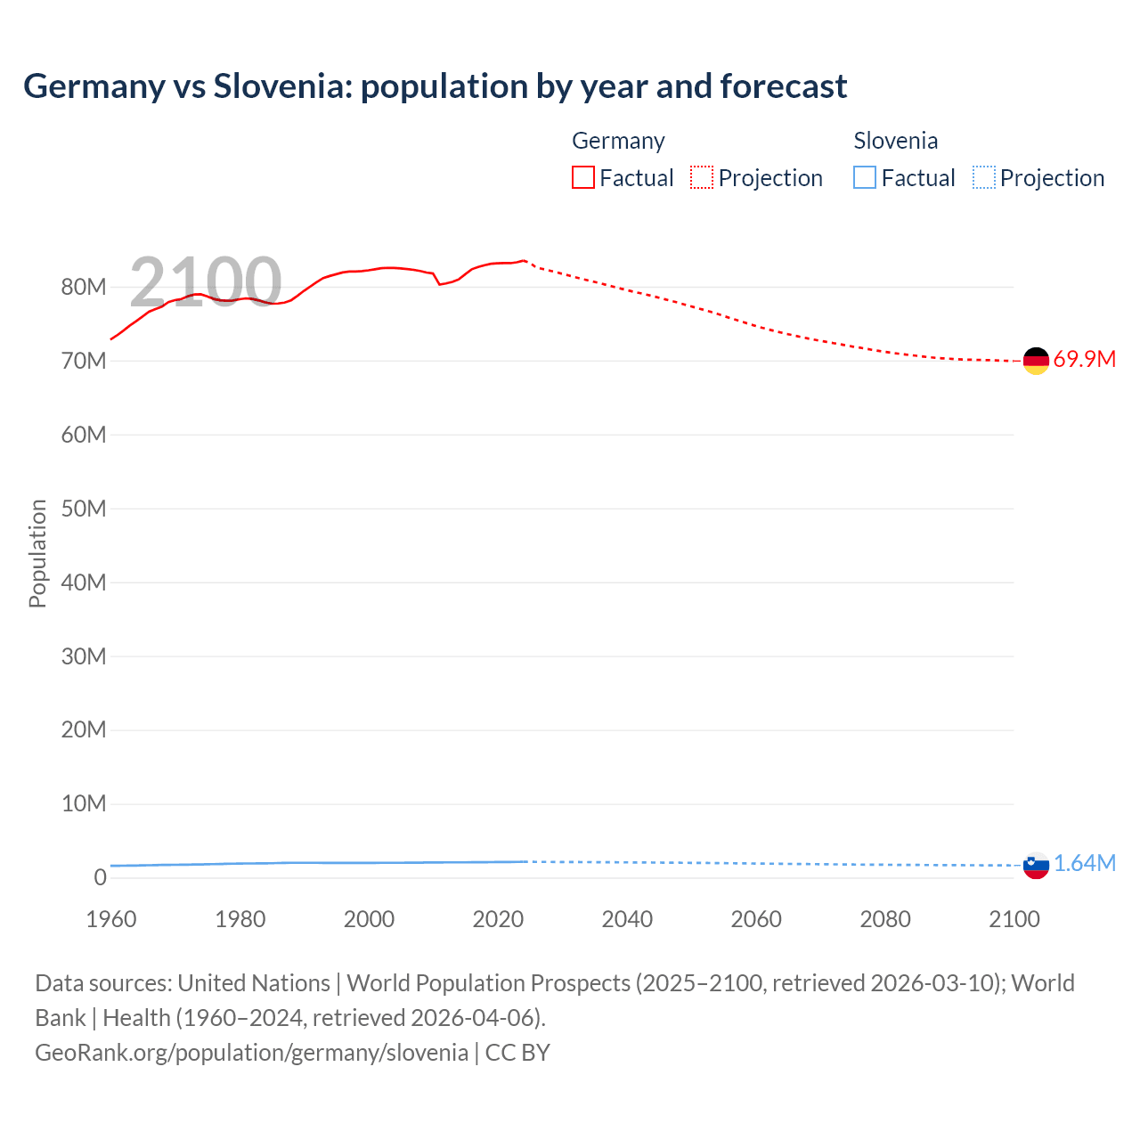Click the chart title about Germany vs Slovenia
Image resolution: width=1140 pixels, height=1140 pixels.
(435, 86)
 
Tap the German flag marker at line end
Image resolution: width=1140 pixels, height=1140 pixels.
(1036, 361)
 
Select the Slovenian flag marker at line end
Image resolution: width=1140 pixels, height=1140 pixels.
(1036, 865)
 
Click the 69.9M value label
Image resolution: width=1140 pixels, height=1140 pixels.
(1084, 360)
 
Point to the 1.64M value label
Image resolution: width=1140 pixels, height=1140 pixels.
(1085, 864)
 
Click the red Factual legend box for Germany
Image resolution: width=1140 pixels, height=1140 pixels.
(582, 178)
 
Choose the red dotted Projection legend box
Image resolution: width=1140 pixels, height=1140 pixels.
(702, 178)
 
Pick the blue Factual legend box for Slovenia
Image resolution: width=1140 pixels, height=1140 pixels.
(864, 178)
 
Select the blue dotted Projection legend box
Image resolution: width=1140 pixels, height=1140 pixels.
(983, 178)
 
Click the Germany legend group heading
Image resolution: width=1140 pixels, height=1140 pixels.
(618, 141)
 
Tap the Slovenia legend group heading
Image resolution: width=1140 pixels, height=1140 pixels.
(895, 141)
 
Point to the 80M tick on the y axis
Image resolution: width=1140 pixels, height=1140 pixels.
(84, 288)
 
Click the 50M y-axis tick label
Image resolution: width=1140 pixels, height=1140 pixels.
(84, 509)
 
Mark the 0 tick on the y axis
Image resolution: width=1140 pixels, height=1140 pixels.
(100, 877)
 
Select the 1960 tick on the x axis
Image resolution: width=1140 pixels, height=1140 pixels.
(111, 919)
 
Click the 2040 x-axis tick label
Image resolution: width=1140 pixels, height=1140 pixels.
(627, 919)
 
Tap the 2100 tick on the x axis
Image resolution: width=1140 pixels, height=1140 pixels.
(1014, 919)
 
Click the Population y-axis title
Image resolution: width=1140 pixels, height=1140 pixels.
(37, 553)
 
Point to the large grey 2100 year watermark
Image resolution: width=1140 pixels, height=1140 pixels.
(206, 282)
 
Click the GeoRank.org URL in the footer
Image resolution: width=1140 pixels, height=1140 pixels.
(251, 1053)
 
